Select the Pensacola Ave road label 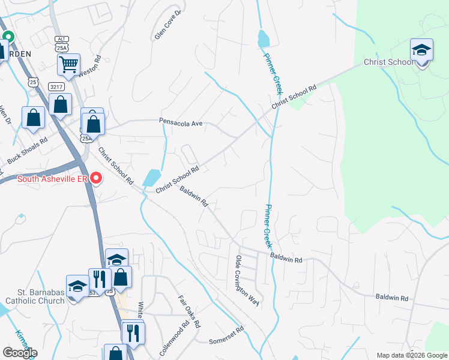click(181, 122)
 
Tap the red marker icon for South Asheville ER click(95, 179)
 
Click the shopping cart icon click(69, 64)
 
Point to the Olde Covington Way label click(246, 281)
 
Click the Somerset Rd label click(226, 335)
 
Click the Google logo click(20, 352)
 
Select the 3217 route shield click(56, 86)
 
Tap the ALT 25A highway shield click(61, 43)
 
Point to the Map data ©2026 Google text click(412, 355)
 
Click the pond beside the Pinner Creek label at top click(263, 39)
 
